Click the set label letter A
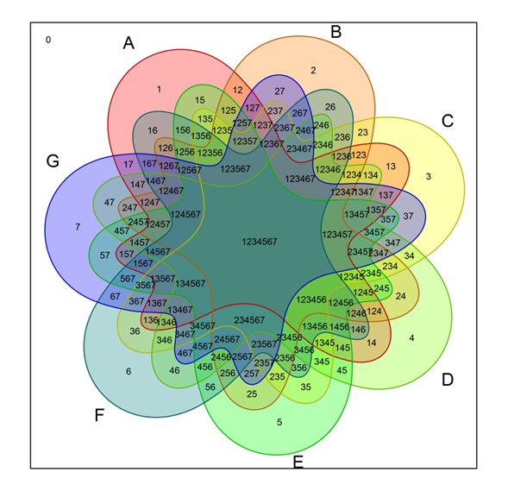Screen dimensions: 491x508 pyautogui.click(x=129, y=43)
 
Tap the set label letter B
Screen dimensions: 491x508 pyautogui.click(x=336, y=33)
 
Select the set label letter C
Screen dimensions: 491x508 pyautogui.click(x=447, y=121)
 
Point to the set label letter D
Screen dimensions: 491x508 pyautogui.click(x=447, y=379)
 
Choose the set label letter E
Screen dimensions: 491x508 pyautogui.click(x=298, y=463)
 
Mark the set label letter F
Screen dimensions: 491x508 pyautogui.click(x=100, y=415)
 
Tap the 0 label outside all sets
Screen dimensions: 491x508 pyautogui.click(x=48, y=40)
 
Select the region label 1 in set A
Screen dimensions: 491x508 pyautogui.click(x=159, y=88)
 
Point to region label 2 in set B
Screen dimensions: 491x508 pyautogui.click(x=313, y=70)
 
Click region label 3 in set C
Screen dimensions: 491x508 pyautogui.click(x=428, y=176)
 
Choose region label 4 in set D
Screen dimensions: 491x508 pyautogui.click(x=411, y=337)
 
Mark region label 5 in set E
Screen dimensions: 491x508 pyautogui.click(x=279, y=422)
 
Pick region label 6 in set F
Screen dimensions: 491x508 pyautogui.click(x=129, y=371)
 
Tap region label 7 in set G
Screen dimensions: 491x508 pyautogui.click(x=78, y=227)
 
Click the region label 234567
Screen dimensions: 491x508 pyautogui.click(x=250, y=320)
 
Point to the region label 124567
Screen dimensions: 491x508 pyautogui.click(x=186, y=214)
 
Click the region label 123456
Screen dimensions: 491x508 pyautogui.click(x=312, y=299)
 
